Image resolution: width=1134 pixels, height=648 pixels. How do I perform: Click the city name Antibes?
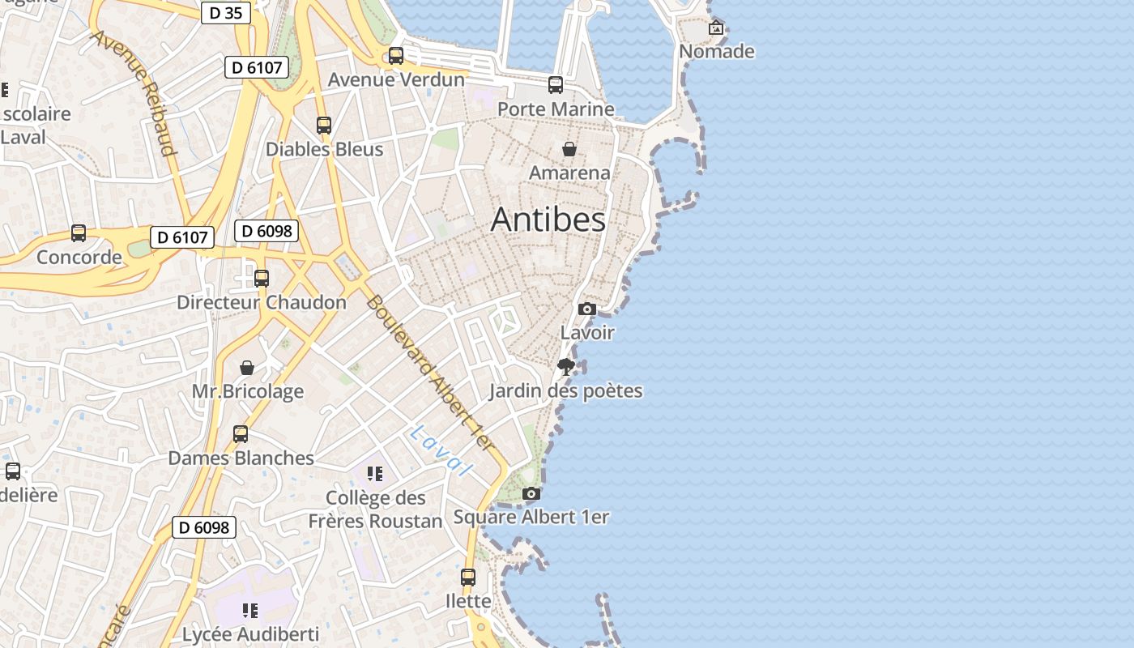pyautogui.click(x=548, y=220)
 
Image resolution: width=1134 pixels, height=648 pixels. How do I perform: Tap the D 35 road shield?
pyautogui.click(x=225, y=12)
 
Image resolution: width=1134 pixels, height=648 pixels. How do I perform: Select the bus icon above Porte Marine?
pyautogui.click(x=556, y=85)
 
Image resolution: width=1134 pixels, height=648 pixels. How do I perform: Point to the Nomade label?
pyautogui.click(x=717, y=52)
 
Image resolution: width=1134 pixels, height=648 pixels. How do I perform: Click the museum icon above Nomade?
pyautogui.click(x=716, y=28)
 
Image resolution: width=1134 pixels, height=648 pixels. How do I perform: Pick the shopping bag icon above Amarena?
pyautogui.click(x=569, y=149)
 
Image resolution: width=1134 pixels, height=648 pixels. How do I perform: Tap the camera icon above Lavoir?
pyautogui.click(x=587, y=309)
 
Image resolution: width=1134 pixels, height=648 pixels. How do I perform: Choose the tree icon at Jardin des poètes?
pyautogui.click(x=566, y=367)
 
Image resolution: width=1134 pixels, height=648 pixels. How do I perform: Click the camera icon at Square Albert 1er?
pyautogui.click(x=531, y=493)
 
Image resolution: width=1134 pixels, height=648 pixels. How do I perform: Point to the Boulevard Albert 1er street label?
pyautogui.click(x=428, y=372)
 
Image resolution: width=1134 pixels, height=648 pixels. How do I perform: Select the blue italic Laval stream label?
pyautogui.click(x=441, y=450)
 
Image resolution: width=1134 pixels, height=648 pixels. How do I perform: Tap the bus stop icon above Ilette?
pyautogui.click(x=468, y=578)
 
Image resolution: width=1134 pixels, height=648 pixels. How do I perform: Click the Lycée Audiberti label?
pyautogui.click(x=250, y=634)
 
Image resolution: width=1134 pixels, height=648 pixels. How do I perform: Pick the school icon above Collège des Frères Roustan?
pyautogui.click(x=373, y=473)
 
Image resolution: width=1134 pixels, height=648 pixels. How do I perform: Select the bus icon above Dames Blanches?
pyautogui.click(x=241, y=434)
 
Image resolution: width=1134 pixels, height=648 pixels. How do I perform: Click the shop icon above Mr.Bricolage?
pyautogui.click(x=247, y=368)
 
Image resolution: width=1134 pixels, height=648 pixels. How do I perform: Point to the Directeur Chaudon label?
pyautogui.click(x=262, y=303)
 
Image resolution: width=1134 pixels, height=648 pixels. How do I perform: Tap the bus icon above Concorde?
pyautogui.click(x=79, y=233)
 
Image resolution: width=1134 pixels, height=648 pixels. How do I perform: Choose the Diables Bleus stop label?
pyautogui.click(x=324, y=150)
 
